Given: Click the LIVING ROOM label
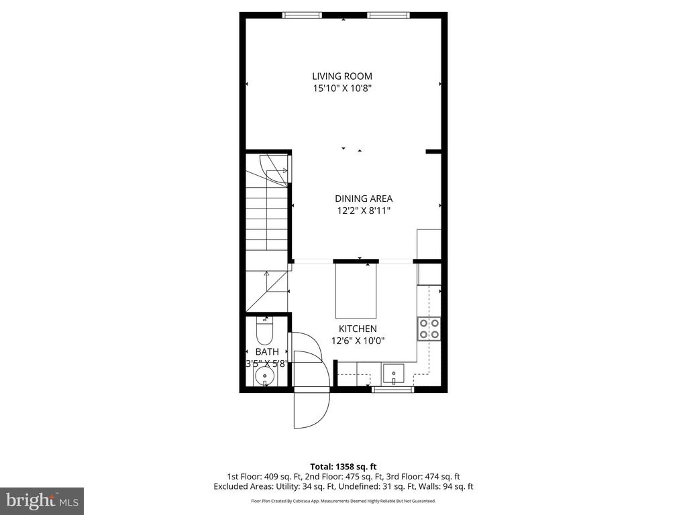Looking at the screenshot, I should pyautogui.click(x=342, y=76).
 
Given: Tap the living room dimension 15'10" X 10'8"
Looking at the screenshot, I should pyautogui.click(x=342, y=88).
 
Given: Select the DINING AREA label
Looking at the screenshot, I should pyautogui.click(x=364, y=198).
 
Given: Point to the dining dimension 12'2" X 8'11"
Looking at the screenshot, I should pyautogui.click(x=364, y=211).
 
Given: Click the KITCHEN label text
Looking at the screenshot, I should pyautogui.click(x=358, y=329).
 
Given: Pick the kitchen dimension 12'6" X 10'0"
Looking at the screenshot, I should pyautogui.click(x=358, y=340).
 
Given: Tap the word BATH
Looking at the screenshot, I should pyautogui.click(x=266, y=351).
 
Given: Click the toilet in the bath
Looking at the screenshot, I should pyautogui.click(x=266, y=330).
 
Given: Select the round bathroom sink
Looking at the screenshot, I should pyautogui.click(x=266, y=376).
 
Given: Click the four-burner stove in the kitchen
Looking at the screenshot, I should pyautogui.click(x=429, y=328).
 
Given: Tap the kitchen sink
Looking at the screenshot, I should pyautogui.click(x=393, y=373).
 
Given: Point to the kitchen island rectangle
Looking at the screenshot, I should pyautogui.click(x=356, y=290).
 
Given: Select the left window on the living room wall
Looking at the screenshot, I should pyautogui.click(x=302, y=15).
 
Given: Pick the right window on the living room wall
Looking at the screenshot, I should pyautogui.click(x=388, y=15).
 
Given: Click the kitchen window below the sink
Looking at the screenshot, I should pyautogui.click(x=393, y=389).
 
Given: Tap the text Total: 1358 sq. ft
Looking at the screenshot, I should pyautogui.click(x=343, y=466).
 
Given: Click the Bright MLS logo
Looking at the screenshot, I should pyautogui.click(x=42, y=501).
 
